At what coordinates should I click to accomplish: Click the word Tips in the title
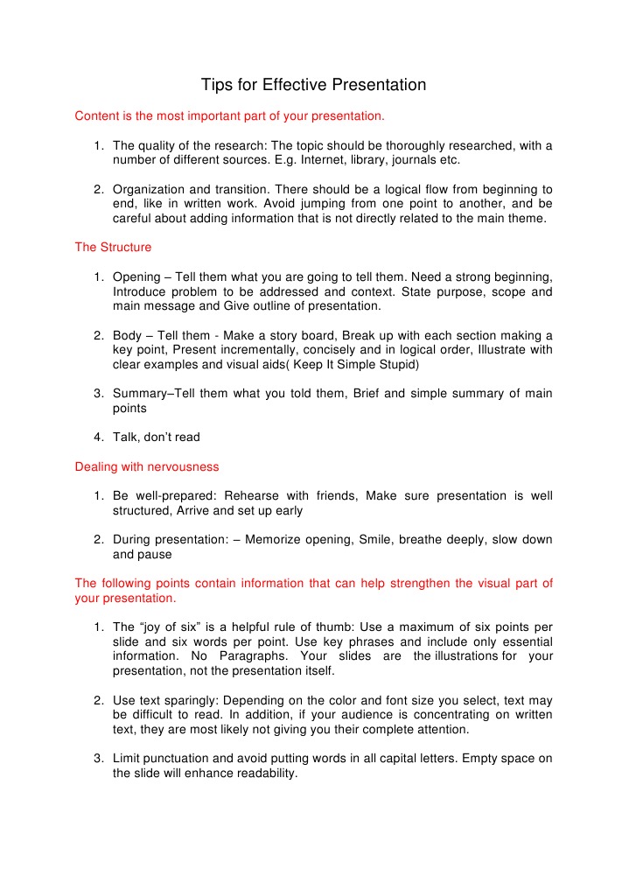215,85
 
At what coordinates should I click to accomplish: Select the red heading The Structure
113,247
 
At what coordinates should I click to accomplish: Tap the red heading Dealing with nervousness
147,466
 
